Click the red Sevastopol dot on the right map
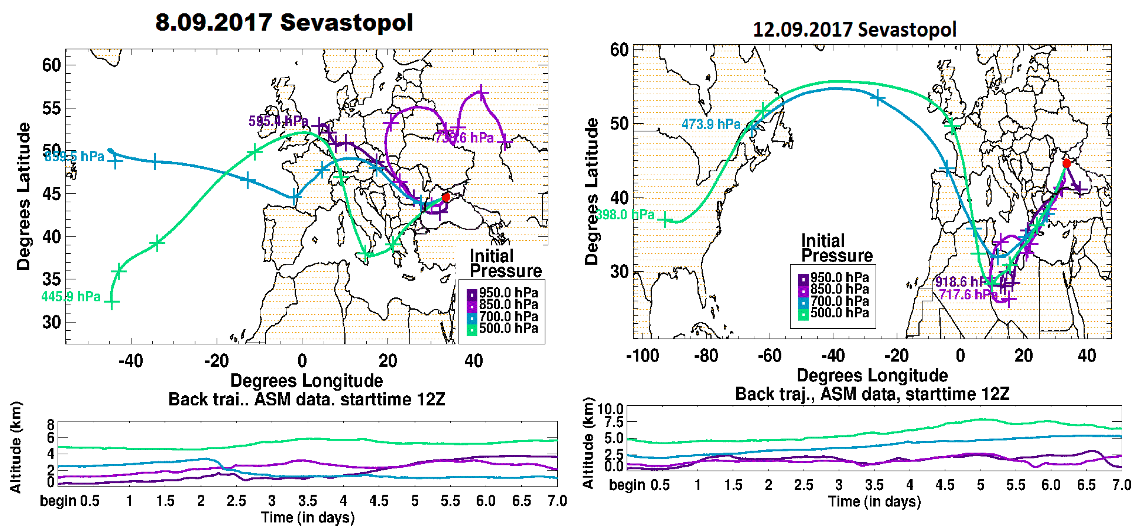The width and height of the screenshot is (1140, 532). (1067, 164)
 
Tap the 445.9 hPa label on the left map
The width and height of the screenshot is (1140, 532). (71, 297)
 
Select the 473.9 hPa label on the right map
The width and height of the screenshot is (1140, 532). (711, 124)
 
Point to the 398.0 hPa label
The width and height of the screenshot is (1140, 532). (625, 215)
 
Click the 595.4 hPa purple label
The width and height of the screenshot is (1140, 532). (278, 121)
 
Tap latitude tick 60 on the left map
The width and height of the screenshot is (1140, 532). (51, 65)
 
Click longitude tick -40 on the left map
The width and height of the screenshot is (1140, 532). (131, 361)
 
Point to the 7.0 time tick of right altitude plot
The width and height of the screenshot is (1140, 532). (1121, 485)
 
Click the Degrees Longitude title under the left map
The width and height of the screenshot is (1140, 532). (306, 381)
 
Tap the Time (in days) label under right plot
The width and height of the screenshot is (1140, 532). (874, 501)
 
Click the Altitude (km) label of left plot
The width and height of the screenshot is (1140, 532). (16, 447)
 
